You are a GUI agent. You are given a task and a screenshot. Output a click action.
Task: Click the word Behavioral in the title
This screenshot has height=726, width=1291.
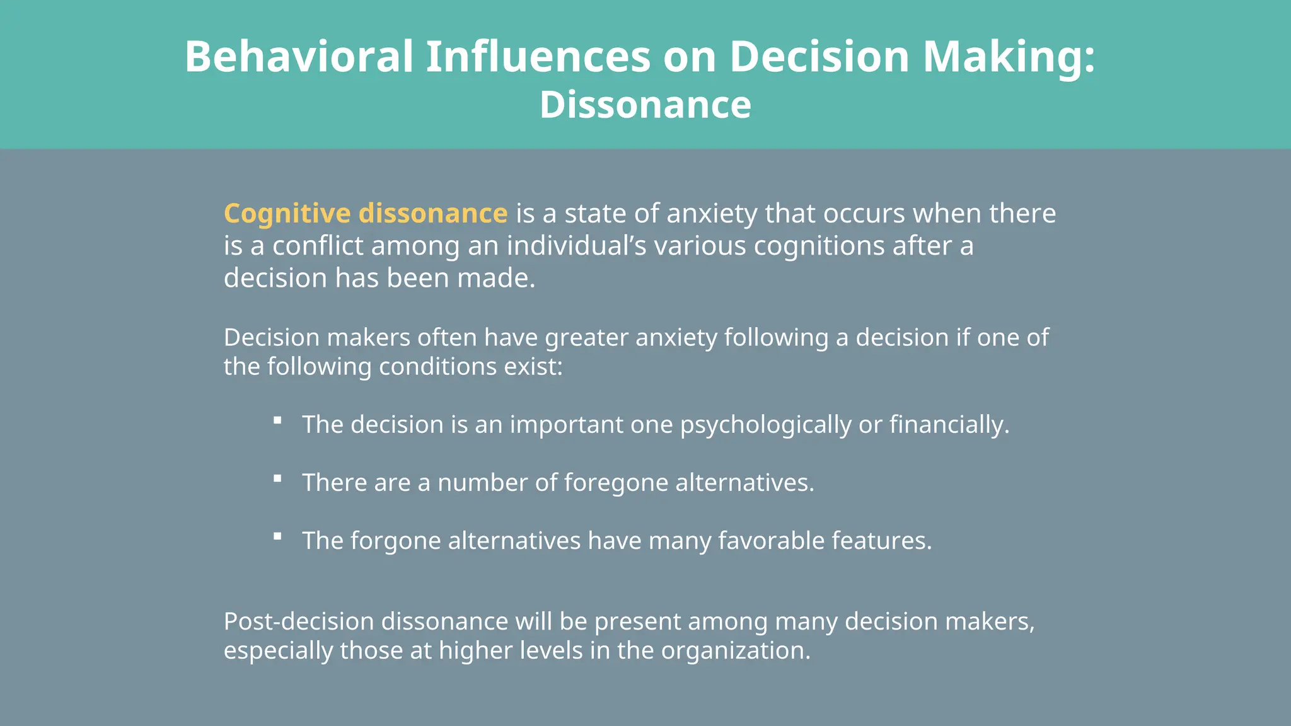pyautogui.click(x=299, y=57)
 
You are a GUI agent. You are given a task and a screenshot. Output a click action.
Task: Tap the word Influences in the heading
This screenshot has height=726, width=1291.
pyautogui.click(x=538, y=57)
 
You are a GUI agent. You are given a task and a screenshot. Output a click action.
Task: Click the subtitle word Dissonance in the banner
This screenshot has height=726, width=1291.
pyautogui.click(x=645, y=105)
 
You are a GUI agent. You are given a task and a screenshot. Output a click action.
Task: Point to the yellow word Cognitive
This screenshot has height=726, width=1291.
pyautogui.click(x=287, y=214)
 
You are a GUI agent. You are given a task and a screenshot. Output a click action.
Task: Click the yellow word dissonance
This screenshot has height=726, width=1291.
pyautogui.click(x=433, y=214)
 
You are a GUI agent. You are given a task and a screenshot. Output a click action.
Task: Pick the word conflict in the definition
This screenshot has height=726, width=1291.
pyautogui.click(x=318, y=246)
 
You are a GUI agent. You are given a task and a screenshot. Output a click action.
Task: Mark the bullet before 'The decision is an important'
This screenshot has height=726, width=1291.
pyautogui.click(x=277, y=420)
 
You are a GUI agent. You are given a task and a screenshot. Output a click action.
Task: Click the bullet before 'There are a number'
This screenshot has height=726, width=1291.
pyautogui.click(x=277, y=478)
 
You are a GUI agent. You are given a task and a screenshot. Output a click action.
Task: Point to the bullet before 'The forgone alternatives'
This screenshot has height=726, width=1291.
pyautogui.click(x=277, y=536)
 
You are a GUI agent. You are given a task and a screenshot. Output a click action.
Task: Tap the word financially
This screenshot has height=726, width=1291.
pyautogui.click(x=949, y=425)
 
